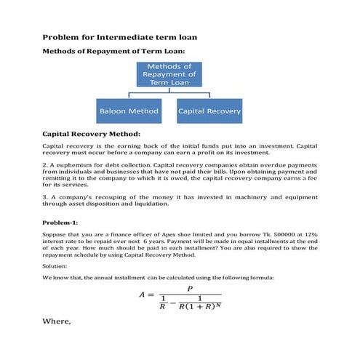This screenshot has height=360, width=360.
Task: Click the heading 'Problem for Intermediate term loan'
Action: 120,36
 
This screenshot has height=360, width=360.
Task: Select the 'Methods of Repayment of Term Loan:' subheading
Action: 114,51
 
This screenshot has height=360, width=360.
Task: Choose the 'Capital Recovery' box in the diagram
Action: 209,112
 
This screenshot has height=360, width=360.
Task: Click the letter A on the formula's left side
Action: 143,295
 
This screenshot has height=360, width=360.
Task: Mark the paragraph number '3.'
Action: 46,197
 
